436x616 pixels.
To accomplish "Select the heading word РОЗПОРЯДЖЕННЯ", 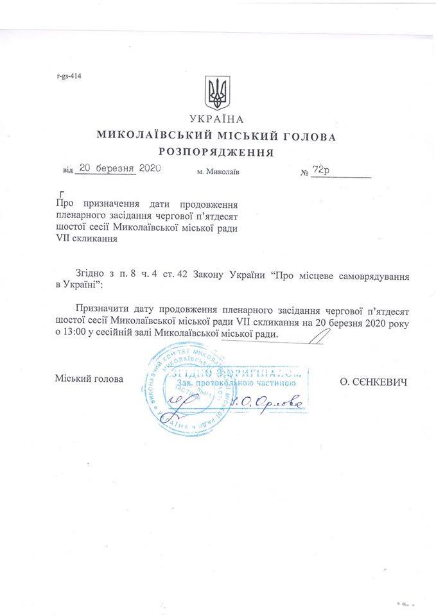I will (216, 153).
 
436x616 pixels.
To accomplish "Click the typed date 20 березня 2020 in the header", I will (118, 169).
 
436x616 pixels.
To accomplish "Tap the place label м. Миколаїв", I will (219, 173).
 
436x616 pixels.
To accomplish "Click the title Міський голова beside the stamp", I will (89, 379).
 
